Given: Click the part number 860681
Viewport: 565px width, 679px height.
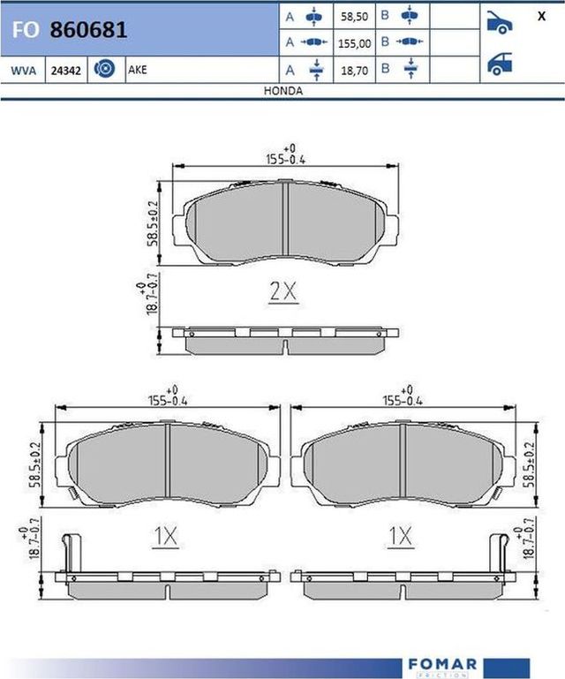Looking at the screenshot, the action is [88, 30].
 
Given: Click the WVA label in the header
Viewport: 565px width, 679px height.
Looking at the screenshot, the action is [23, 70].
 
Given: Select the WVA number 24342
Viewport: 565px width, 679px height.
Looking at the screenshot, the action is [66, 71].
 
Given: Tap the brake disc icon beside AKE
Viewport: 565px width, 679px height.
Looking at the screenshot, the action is [104, 68].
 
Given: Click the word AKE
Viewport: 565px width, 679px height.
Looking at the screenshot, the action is [137, 70].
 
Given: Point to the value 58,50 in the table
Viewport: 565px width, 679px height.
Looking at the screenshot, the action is [354, 17].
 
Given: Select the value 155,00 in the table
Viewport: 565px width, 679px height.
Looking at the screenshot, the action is [354, 43].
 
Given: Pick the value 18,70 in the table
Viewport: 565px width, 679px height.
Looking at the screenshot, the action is [354, 70].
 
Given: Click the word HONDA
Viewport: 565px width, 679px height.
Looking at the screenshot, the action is [283, 91].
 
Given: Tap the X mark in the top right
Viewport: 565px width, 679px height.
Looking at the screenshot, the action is [541, 16].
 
